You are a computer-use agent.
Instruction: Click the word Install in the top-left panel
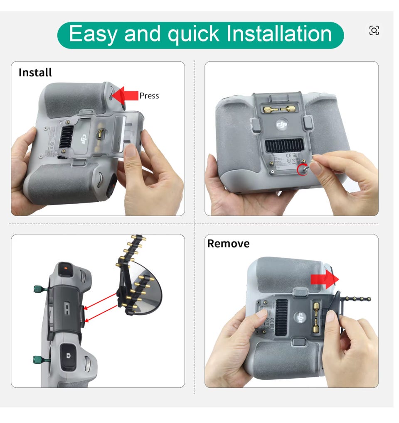click(x=35, y=73)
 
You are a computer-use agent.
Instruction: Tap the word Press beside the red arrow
click(x=149, y=96)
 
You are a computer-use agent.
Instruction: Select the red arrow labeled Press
click(x=125, y=95)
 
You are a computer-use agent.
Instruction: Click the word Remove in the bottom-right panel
click(x=228, y=244)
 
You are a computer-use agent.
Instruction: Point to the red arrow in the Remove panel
click(x=325, y=279)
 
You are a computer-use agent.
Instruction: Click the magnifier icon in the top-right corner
click(x=374, y=30)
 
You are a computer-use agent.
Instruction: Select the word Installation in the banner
click(x=279, y=34)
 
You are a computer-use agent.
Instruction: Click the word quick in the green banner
click(x=193, y=34)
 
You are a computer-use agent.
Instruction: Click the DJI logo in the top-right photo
click(x=282, y=125)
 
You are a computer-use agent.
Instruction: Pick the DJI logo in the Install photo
click(x=84, y=139)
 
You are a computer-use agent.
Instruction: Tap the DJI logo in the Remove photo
click(x=300, y=318)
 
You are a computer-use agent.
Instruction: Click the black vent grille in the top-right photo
click(x=284, y=145)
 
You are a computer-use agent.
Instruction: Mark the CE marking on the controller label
click(x=288, y=155)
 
